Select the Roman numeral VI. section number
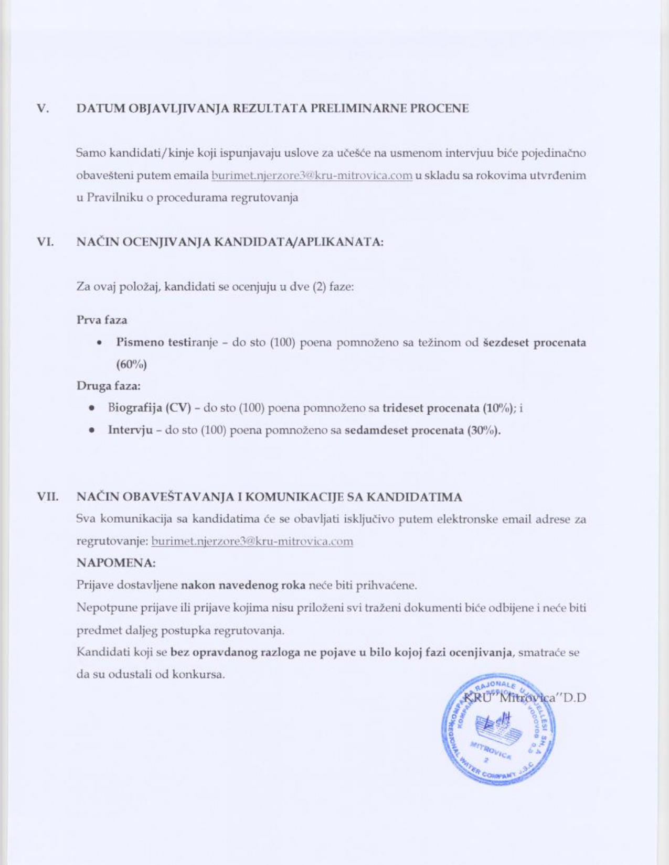46,242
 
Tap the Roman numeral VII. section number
47,496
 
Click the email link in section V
312,176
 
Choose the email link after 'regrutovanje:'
252,541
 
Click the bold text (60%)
131,364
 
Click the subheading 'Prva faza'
102,320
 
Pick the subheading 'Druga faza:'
109,386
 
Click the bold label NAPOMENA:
116,563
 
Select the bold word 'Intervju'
130,430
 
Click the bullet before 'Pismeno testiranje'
99,343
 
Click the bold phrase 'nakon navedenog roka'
243,585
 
